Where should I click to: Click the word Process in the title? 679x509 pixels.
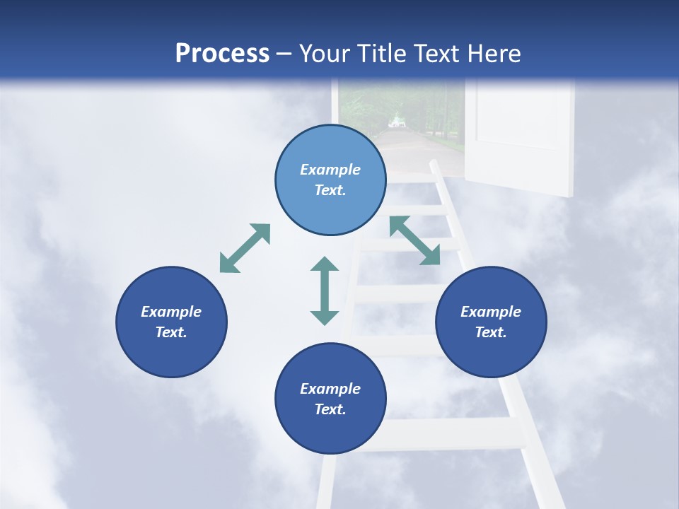pyautogui.click(x=222, y=54)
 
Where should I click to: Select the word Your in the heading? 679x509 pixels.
pyautogui.click(x=325, y=54)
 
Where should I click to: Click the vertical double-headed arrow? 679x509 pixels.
pyautogui.click(x=325, y=291)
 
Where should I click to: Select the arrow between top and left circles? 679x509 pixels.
pyautogui.click(x=245, y=248)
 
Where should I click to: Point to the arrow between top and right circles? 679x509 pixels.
pyautogui.click(x=414, y=240)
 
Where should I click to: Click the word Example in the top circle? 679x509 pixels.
pyautogui.click(x=330, y=170)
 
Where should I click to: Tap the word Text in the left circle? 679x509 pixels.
pyautogui.click(x=171, y=332)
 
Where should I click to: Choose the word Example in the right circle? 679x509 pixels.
pyautogui.click(x=491, y=312)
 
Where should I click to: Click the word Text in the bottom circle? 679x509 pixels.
pyautogui.click(x=330, y=409)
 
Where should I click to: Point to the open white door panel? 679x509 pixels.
pyautogui.click(x=523, y=134)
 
